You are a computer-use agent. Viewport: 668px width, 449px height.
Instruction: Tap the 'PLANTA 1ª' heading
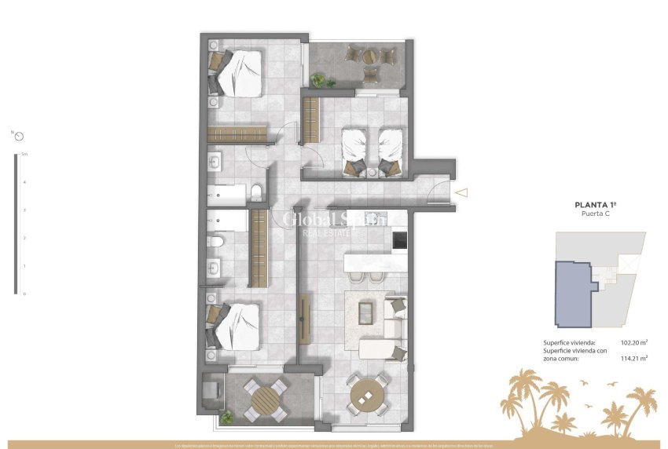coord(593,204)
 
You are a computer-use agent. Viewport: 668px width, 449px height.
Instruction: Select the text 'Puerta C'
coord(593,214)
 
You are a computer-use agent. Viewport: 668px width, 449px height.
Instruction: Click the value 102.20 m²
coord(633,343)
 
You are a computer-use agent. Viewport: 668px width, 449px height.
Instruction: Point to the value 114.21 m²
coord(633,358)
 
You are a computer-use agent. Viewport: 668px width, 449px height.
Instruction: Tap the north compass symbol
coord(19,135)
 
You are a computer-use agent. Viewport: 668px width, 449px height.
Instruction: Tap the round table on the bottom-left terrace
coord(266,397)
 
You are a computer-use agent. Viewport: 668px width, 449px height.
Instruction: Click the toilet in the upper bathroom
coord(257,192)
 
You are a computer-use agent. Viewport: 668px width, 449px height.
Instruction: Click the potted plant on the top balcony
coord(318,79)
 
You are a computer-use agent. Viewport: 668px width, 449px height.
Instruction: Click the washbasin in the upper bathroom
coord(215,162)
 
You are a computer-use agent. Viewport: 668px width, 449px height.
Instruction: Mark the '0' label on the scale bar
coord(24,294)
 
